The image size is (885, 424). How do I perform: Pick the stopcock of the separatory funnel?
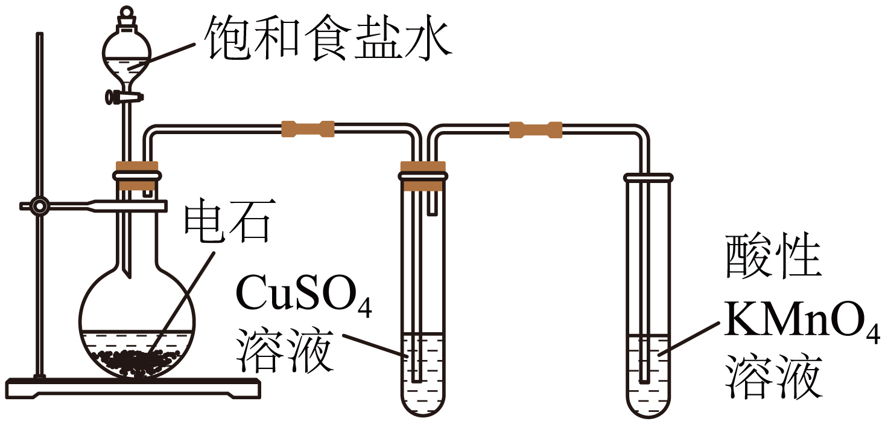(x=125, y=95)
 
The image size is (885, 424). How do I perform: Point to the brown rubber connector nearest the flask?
(x=308, y=129)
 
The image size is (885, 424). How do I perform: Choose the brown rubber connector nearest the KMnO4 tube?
(x=536, y=129)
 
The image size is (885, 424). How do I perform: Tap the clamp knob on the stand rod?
(x=40, y=207)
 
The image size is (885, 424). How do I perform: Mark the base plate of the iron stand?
(x=133, y=387)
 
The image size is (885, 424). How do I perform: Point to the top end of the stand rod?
(x=40, y=36)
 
